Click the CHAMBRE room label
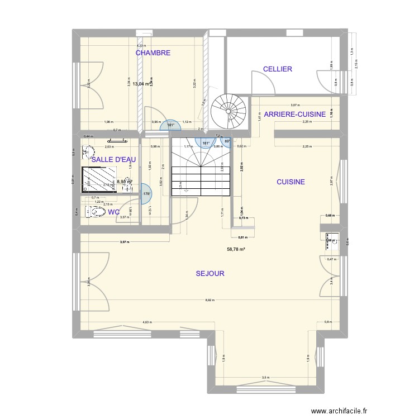point(153,53)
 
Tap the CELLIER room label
point(278,69)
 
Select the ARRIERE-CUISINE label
point(295,115)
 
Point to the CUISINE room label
point(291,182)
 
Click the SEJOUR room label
point(210,274)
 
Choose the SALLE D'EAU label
point(113,160)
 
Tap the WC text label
point(113,212)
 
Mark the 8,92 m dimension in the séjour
point(209,301)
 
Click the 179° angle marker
point(147,194)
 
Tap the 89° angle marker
point(227,141)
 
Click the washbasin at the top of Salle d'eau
point(88,151)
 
